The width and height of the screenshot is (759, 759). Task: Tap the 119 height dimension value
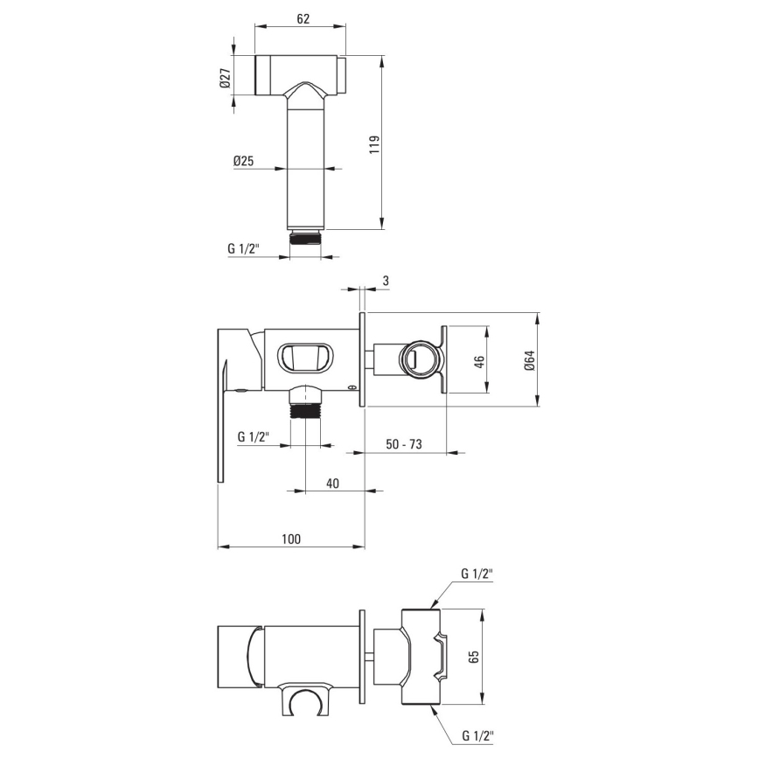pyautogui.click(x=373, y=143)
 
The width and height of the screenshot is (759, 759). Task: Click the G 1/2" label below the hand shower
pyautogui.click(x=243, y=248)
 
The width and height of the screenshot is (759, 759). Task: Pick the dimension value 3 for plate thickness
pyautogui.click(x=385, y=280)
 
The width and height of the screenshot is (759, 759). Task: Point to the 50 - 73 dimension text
pyautogui.click(x=405, y=445)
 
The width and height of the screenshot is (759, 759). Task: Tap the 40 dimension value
pyautogui.click(x=333, y=483)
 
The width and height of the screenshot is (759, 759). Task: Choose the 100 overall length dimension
pyautogui.click(x=291, y=540)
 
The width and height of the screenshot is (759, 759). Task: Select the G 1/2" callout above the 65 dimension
pyautogui.click(x=477, y=574)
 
